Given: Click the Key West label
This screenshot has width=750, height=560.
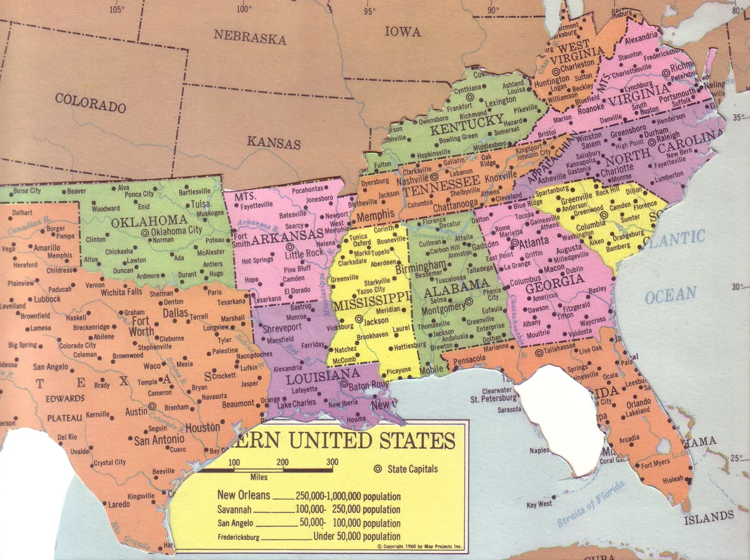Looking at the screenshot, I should pyautogui.click(x=539, y=505).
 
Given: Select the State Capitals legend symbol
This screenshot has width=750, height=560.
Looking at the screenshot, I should pyautogui.click(x=378, y=469).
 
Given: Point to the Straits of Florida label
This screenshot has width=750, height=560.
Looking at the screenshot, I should pyautogui.click(x=591, y=504).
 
